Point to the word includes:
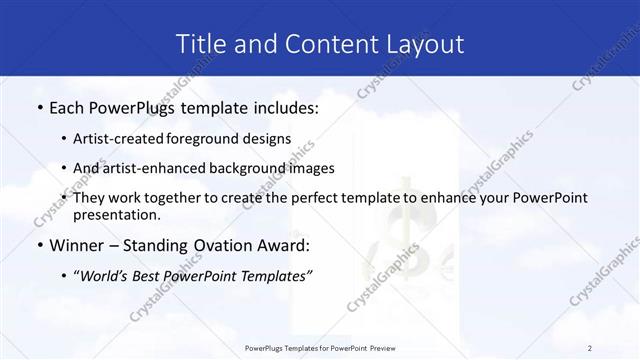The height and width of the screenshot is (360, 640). (285, 106)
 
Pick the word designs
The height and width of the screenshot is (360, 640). (263, 138)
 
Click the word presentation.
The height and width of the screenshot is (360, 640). (117, 214)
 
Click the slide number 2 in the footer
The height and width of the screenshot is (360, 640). (590, 348)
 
